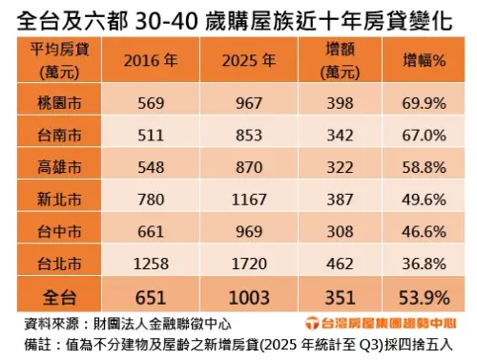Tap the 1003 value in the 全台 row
point(247,294)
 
